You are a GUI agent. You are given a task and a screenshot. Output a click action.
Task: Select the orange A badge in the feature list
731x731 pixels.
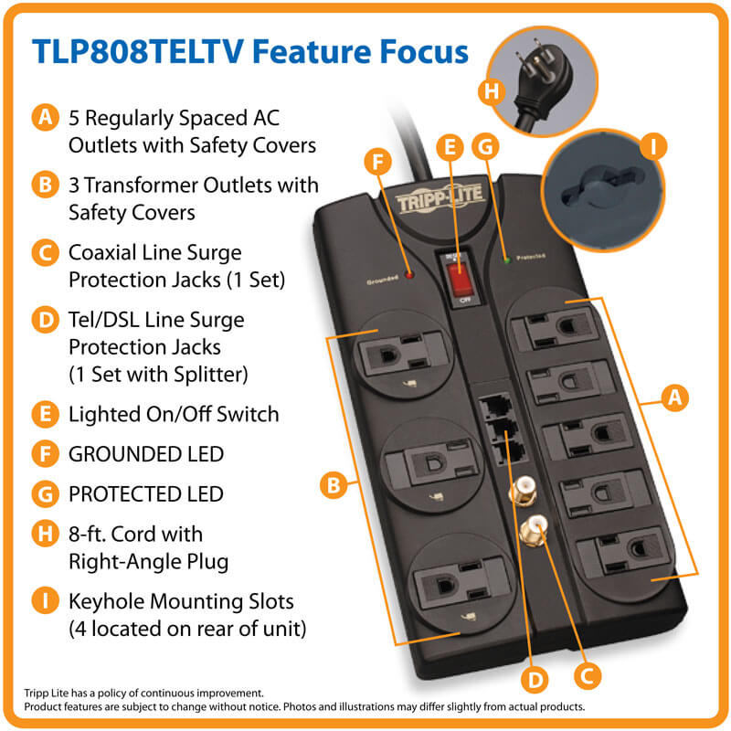(43, 118)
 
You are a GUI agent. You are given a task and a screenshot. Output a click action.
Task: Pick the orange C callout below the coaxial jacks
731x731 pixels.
(585, 674)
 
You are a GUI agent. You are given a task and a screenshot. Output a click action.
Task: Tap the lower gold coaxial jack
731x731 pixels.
(533, 529)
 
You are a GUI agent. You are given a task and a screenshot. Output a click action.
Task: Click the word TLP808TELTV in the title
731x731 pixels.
(137, 51)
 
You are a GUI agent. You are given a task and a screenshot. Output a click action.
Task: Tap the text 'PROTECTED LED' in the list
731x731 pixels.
(145, 494)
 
